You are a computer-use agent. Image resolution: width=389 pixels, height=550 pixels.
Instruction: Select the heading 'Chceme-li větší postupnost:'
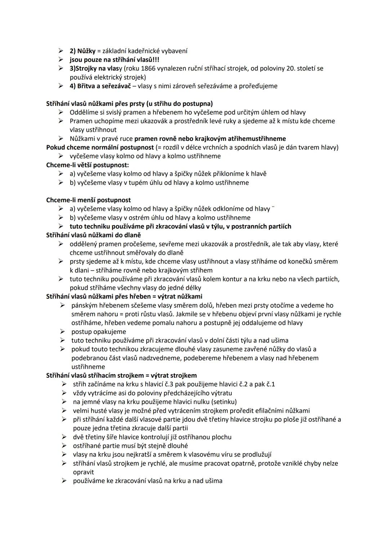88,165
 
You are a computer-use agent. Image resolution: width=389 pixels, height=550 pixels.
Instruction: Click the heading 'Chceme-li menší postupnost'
89,200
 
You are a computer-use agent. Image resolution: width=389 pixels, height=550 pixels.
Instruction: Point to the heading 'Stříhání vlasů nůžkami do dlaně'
93,235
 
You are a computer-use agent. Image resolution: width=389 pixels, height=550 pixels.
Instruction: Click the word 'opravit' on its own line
83,472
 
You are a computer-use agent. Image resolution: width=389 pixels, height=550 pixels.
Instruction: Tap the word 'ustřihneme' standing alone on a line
88,367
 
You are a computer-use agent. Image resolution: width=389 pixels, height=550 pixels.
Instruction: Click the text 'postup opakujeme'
99,332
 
